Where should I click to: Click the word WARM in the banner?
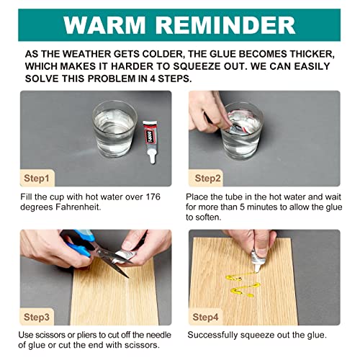tap(104, 25)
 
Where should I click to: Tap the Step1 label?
tap(37, 179)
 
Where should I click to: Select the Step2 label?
tap(207, 179)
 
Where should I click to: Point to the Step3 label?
tap(37, 317)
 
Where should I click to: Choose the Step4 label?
tap(205, 317)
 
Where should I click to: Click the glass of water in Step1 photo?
tap(114, 129)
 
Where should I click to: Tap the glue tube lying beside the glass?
tap(150, 142)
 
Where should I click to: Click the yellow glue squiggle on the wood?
tap(243, 284)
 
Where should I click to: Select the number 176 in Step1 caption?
tap(153, 197)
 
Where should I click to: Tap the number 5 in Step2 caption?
tap(243, 207)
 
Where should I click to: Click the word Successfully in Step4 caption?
tap(212, 336)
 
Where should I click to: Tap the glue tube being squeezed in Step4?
tap(257, 261)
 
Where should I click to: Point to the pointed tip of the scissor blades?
tap(128, 278)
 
